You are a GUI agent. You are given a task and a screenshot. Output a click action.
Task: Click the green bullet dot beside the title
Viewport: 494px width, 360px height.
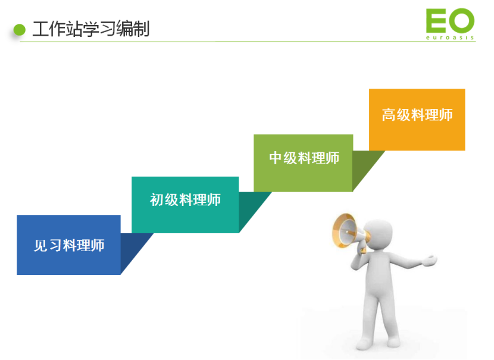coord(20,30)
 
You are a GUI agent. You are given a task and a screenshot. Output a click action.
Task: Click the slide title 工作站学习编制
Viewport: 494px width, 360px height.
coord(90,29)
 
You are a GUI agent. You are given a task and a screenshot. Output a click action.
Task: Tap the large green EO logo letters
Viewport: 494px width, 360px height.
coord(450,21)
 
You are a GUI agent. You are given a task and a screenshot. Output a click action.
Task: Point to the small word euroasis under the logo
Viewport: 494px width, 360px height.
coord(450,37)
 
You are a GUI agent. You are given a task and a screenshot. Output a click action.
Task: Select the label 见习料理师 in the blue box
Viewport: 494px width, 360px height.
coord(69,245)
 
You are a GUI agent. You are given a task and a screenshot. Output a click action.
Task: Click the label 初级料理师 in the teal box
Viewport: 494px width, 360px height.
coord(185,200)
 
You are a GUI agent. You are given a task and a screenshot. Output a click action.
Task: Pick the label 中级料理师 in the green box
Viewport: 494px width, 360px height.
coord(304,158)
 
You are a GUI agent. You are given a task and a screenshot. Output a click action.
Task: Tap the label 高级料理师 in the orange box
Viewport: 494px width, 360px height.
coord(417,115)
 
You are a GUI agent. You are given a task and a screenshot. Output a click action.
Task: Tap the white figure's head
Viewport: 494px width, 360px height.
coord(379,235)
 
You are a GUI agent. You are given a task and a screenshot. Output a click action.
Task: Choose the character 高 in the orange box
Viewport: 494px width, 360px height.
coord(389,115)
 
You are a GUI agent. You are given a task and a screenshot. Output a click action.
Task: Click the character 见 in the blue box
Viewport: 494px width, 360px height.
coord(40,245)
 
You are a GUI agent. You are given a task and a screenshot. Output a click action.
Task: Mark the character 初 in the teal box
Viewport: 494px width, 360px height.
coord(157,200)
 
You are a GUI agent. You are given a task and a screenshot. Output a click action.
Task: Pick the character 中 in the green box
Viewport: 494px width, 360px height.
coord(276,158)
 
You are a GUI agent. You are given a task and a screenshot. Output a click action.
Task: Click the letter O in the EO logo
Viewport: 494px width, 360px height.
coord(462,21)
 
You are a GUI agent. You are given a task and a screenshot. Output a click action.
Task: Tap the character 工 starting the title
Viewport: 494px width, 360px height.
coord(40,29)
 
